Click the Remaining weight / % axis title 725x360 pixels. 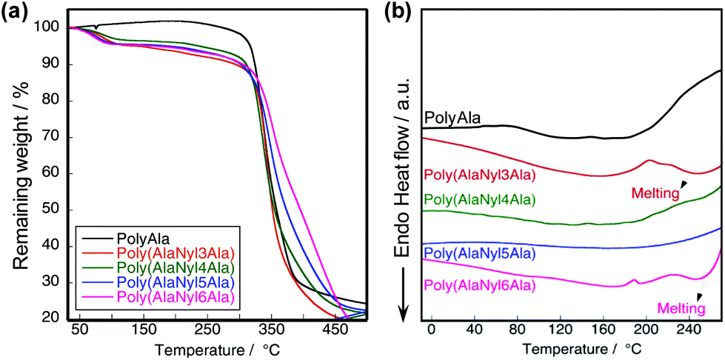[x=16, y=170]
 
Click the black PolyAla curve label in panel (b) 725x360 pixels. [x=452, y=117]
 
